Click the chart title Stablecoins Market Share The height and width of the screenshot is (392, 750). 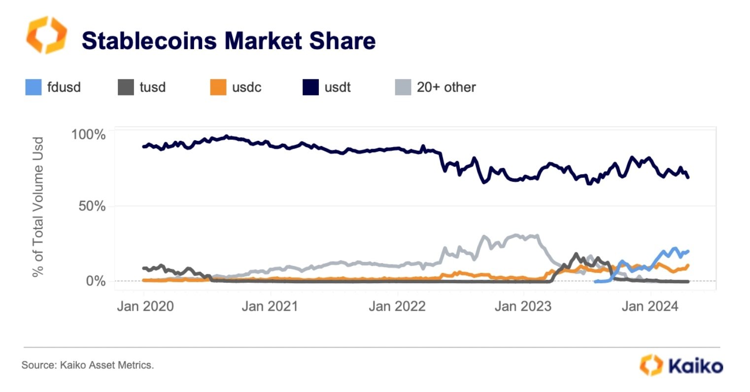[x=228, y=40]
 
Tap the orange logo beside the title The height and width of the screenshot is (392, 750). [x=46, y=34]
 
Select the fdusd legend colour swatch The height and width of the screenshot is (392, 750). [x=33, y=88]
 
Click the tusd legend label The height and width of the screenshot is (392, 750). [x=152, y=88]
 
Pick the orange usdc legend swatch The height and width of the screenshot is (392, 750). [x=218, y=88]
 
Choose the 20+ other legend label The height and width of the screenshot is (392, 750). [x=446, y=88]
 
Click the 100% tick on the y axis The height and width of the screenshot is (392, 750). [x=89, y=134]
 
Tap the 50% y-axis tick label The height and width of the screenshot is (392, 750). [x=92, y=206]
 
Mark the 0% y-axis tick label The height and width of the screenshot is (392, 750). [x=96, y=281]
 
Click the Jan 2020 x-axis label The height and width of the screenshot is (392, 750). [x=145, y=306]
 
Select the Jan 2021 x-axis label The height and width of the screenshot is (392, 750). [x=270, y=306]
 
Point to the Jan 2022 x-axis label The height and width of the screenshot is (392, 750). [x=397, y=306]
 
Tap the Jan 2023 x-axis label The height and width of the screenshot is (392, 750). [x=523, y=306]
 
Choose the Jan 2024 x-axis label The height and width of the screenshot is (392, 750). [x=650, y=306]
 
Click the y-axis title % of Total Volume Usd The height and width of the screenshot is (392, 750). [x=38, y=207]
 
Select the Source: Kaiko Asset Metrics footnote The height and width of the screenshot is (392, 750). [x=88, y=365]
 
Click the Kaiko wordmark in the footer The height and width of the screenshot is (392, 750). [x=696, y=366]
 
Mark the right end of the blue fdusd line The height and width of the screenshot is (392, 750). [x=688, y=251]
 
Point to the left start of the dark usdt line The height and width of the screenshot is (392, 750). [x=143, y=146]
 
